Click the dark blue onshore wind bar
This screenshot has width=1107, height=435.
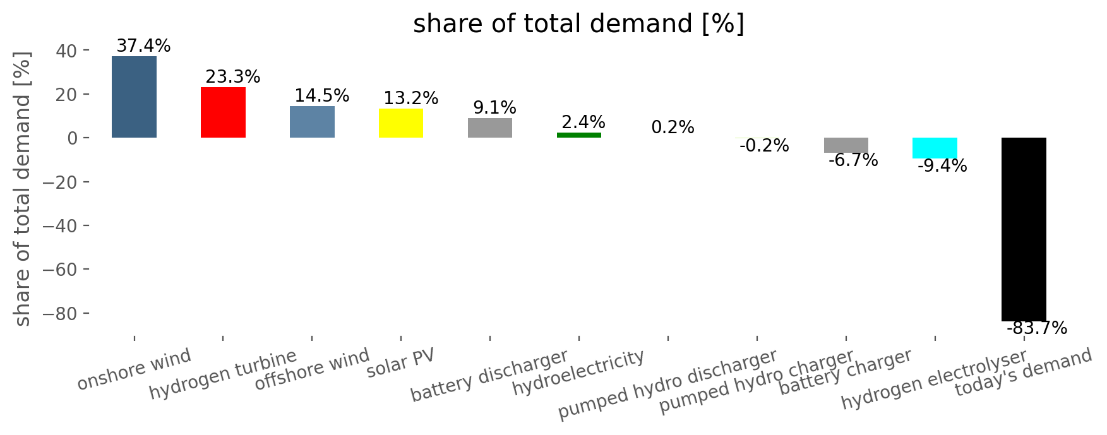[x=134, y=97]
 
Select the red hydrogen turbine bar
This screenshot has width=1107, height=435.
[x=223, y=112]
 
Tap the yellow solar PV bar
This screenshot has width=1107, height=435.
[x=401, y=123]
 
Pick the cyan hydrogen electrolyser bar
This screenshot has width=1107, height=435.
[x=935, y=148]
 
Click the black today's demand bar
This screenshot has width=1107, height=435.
[x=1024, y=229]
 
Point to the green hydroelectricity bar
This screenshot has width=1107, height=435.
[x=579, y=135]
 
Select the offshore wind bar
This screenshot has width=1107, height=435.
[x=312, y=122]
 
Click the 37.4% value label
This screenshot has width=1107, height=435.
[x=143, y=46]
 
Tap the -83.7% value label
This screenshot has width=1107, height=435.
[x=1036, y=328]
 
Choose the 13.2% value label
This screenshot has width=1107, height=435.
[x=410, y=98]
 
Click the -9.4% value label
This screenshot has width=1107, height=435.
[x=942, y=166]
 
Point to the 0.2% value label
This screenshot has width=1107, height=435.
[x=673, y=128]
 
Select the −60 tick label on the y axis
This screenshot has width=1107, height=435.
[x=59, y=270]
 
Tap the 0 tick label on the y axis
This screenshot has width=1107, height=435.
[x=73, y=138]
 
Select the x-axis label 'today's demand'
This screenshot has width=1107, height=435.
[x=1023, y=372]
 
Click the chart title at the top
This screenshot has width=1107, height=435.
[x=578, y=24]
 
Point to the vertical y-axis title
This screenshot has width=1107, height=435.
[x=23, y=189]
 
